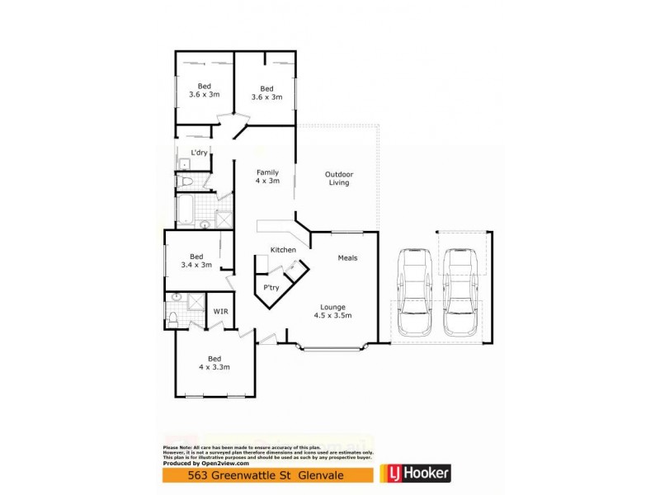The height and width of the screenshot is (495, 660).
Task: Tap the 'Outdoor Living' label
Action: [338, 178]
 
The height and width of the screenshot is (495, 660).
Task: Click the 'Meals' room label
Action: [347, 258]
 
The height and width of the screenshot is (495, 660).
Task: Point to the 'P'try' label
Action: [271, 287]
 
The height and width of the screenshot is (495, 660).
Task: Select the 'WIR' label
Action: [220, 311]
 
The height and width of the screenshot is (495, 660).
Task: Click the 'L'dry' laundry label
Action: [199, 153]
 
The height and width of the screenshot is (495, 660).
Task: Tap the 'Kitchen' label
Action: [283, 249]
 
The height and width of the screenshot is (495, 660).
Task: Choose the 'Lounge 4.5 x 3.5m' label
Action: [333, 311]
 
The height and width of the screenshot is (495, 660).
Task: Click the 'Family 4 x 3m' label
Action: [267, 177]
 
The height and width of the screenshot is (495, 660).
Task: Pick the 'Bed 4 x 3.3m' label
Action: [214, 362]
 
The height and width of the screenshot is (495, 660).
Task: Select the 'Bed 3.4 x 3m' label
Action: [196, 261]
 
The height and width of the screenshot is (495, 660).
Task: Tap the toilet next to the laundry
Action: [186, 181]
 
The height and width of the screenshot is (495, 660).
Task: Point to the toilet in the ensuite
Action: [172, 316]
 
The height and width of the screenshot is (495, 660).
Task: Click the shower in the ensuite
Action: [196, 302]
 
